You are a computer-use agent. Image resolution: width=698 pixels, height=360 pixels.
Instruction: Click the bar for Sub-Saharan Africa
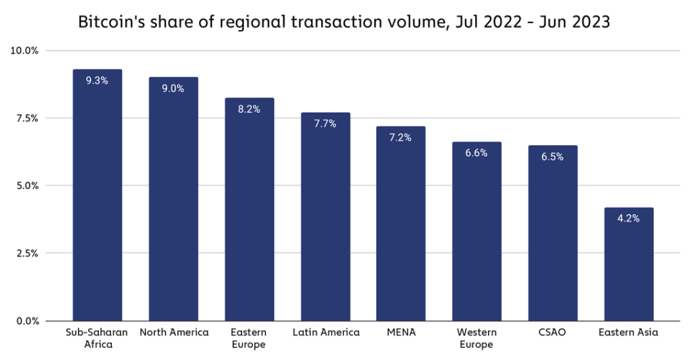pos(97,198)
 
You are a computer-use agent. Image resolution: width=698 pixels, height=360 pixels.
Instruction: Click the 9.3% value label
pos(97,80)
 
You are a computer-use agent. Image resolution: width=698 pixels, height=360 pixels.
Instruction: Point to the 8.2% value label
pos(249,109)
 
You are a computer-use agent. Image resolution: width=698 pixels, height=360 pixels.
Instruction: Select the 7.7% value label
pos(325,123)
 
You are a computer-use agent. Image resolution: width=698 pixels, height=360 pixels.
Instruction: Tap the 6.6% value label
pos(476,153)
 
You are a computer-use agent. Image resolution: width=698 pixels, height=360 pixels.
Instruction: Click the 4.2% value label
pos(628,219)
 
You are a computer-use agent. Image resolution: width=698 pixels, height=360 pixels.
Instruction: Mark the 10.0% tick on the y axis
pos(25,51)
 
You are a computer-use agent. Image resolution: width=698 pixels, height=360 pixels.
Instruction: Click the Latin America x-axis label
pos(326,333)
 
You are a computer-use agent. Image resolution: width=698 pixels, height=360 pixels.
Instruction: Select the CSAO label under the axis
pos(553,333)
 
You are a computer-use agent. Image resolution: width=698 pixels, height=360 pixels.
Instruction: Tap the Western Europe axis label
pos(476,338)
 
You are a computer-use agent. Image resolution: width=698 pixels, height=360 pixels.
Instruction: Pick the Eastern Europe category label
pos(249,338)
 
